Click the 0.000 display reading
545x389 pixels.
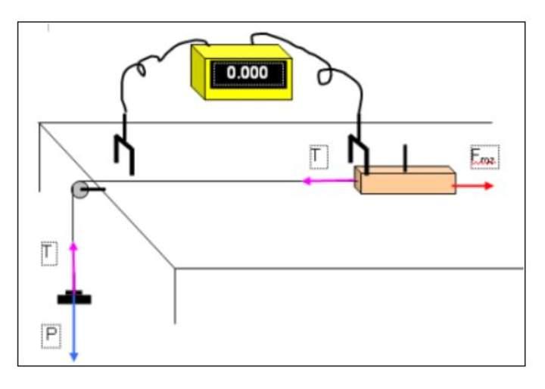coord(247,73)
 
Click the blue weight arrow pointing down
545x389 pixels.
coord(74,333)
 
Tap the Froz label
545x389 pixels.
coord(484,157)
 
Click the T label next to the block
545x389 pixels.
coord(318,157)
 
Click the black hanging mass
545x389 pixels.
coord(75,298)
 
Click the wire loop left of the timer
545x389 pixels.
coord(141,70)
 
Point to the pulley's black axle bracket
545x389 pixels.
coord(95,189)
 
